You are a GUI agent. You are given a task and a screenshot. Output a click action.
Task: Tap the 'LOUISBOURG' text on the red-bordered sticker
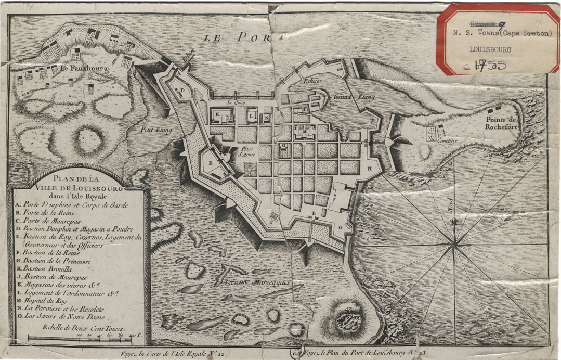click(x=490, y=50)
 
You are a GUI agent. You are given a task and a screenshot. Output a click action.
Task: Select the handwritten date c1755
click(x=486, y=66)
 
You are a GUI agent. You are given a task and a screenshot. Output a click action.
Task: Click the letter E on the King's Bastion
click(x=210, y=163)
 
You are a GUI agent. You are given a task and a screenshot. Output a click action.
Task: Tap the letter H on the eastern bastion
click(x=369, y=169)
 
